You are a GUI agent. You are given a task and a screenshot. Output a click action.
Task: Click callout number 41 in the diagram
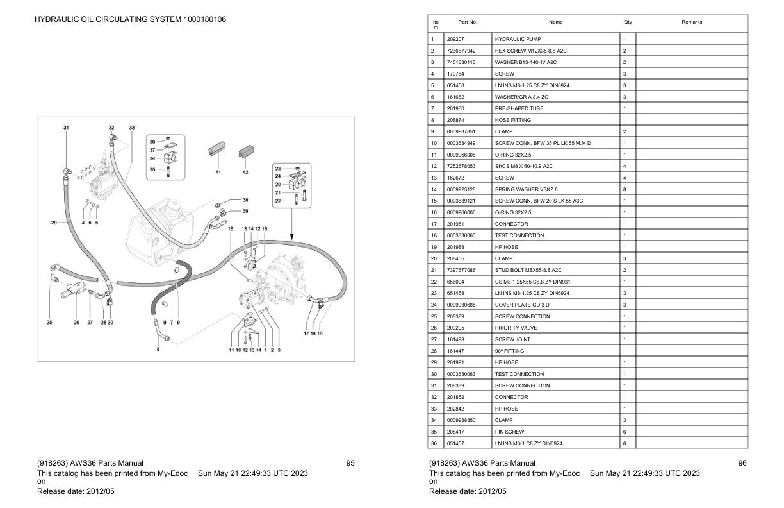click(x=218, y=172)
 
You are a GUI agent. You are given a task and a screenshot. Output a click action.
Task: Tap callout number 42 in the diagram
click(x=245, y=172)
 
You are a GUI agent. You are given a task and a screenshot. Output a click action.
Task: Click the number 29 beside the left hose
click(x=54, y=223)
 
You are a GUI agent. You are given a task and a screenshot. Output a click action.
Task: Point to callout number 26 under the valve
click(x=77, y=322)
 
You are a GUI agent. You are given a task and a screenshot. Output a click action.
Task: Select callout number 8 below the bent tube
click(x=158, y=349)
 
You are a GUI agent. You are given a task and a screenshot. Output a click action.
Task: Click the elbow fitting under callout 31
click(x=67, y=170)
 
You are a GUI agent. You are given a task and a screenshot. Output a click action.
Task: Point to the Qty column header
click(x=628, y=22)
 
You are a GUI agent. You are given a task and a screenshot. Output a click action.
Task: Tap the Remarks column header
click(x=692, y=22)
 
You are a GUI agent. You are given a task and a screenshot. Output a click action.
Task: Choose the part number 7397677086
click(x=461, y=270)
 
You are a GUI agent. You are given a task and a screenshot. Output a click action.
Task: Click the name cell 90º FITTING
click(x=509, y=351)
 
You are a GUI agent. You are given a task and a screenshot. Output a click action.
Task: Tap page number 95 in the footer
click(x=350, y=463)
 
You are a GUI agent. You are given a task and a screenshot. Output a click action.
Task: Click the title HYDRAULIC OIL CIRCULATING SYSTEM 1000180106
click(x=130, y=19)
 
